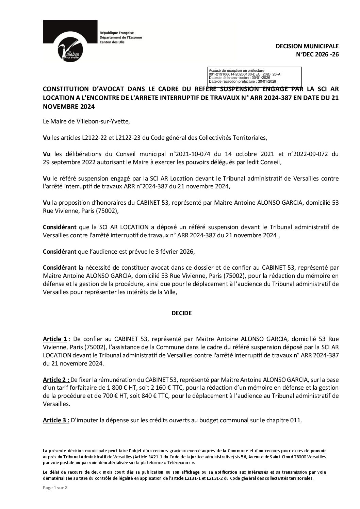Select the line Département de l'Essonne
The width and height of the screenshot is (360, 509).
coord(120,37)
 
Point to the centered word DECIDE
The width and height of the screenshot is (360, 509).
coord(181,313)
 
